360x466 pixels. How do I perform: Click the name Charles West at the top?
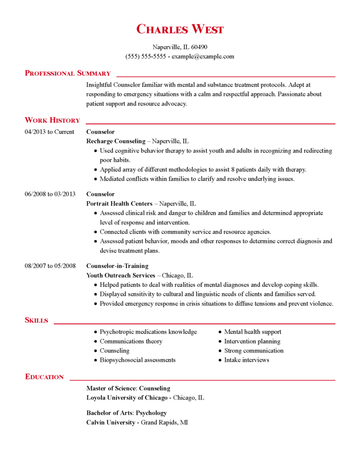point(180,30)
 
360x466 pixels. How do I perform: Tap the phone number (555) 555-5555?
point(146,56)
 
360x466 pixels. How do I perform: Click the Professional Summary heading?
point(67,73)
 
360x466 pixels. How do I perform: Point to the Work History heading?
point(52,120)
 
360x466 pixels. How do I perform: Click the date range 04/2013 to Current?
point(49,132)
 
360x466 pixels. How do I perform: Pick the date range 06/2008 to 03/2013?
point(50,194)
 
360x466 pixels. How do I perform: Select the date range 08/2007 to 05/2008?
point(50,266)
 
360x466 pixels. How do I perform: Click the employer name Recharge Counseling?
point(116,141)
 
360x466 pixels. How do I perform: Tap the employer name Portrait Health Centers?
point(119,203)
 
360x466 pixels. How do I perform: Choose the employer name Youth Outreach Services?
point(121,275)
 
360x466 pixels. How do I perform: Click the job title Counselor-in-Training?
point(117,266)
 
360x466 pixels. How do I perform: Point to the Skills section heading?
point(36,320)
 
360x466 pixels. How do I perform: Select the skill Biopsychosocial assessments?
point(137,360)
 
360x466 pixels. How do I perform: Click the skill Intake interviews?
point(246,360)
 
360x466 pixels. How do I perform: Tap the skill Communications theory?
point(131,341)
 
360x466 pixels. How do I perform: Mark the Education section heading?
point(44,377)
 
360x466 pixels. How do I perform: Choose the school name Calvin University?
point(111,422)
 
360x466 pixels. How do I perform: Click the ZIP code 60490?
point(199,47)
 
